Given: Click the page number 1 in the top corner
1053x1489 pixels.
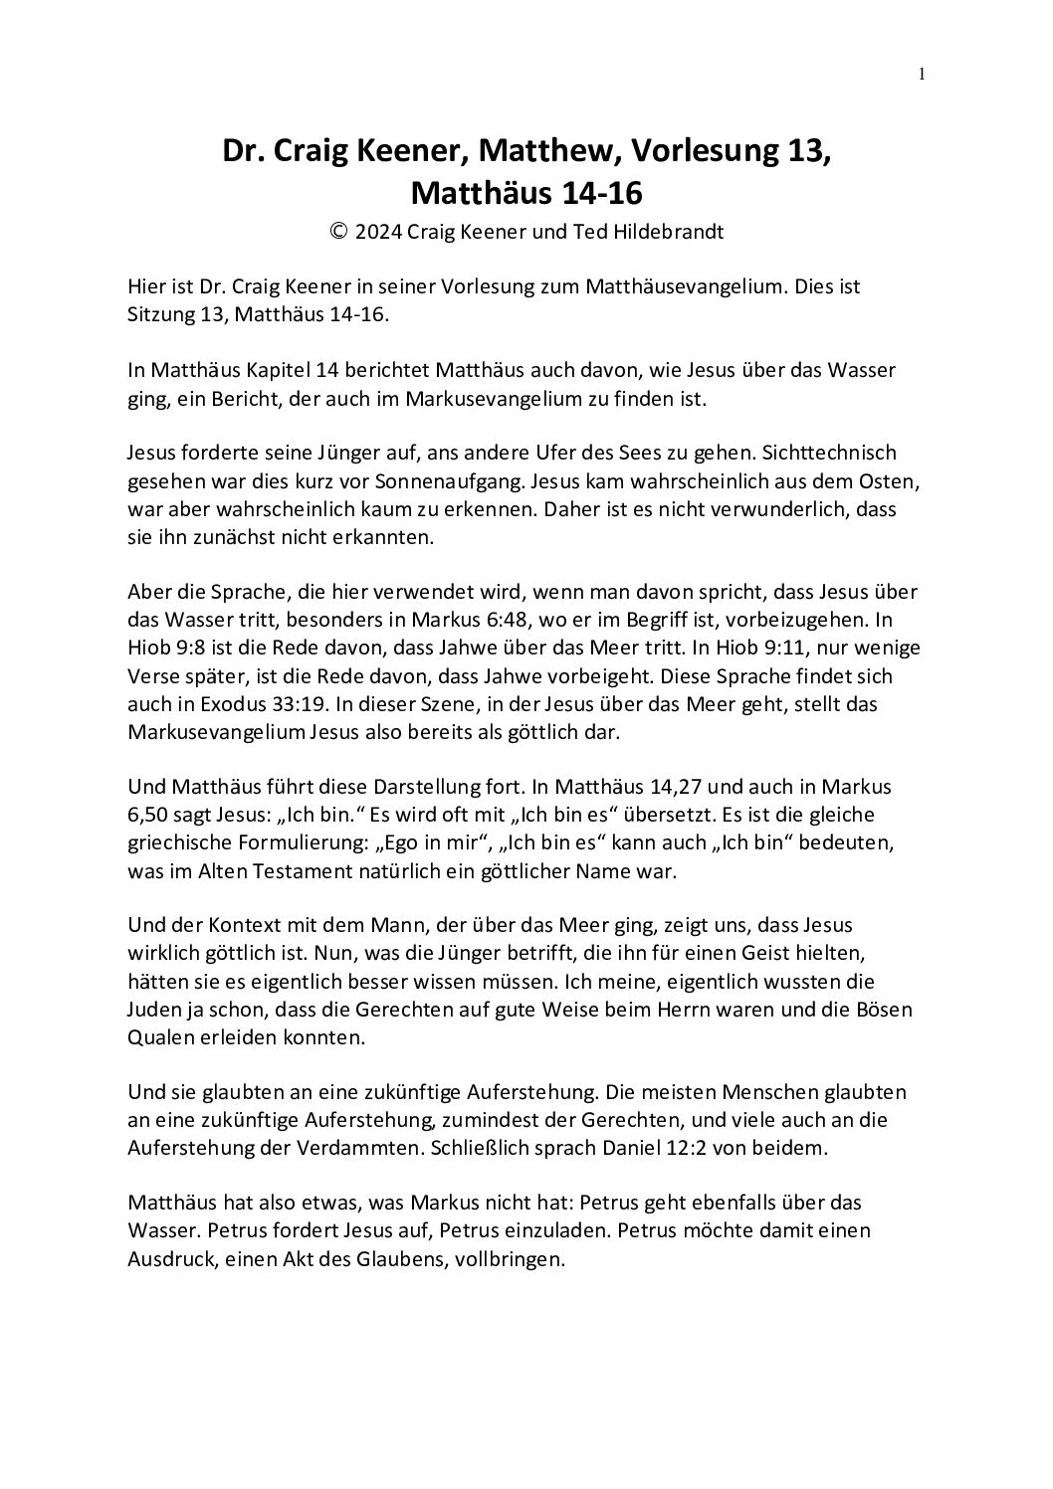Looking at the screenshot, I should (x=922, y=73).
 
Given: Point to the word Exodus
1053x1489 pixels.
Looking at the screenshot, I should (x=200, y=703).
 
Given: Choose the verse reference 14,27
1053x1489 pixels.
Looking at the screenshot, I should (x=666, y=787).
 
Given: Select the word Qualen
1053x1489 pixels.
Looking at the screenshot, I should (x=159, y=1037).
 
